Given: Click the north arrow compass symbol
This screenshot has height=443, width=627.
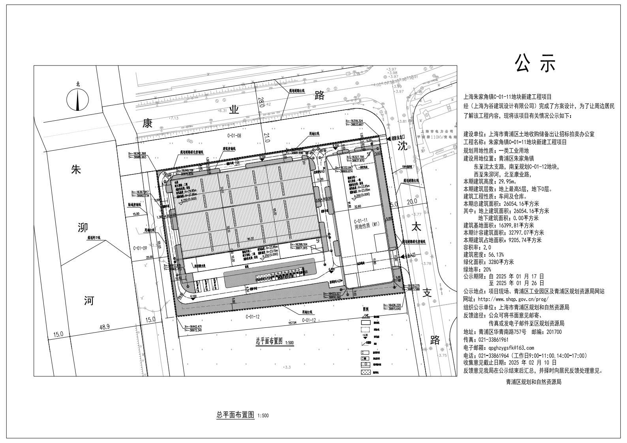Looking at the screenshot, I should pos(77,99).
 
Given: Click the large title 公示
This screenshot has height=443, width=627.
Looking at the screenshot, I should pos(535,63).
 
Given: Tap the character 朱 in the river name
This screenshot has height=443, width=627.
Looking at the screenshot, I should pos(76,170).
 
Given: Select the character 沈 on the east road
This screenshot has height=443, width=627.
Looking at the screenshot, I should pos(402,147).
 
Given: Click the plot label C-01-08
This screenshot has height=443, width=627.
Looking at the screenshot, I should pos(234,135).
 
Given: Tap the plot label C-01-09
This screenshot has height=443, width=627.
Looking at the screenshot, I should pos(140,248).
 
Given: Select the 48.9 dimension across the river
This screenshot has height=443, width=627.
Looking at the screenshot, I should pos(104,327).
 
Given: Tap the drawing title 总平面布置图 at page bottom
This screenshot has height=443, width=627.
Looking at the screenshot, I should pos(235,415).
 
